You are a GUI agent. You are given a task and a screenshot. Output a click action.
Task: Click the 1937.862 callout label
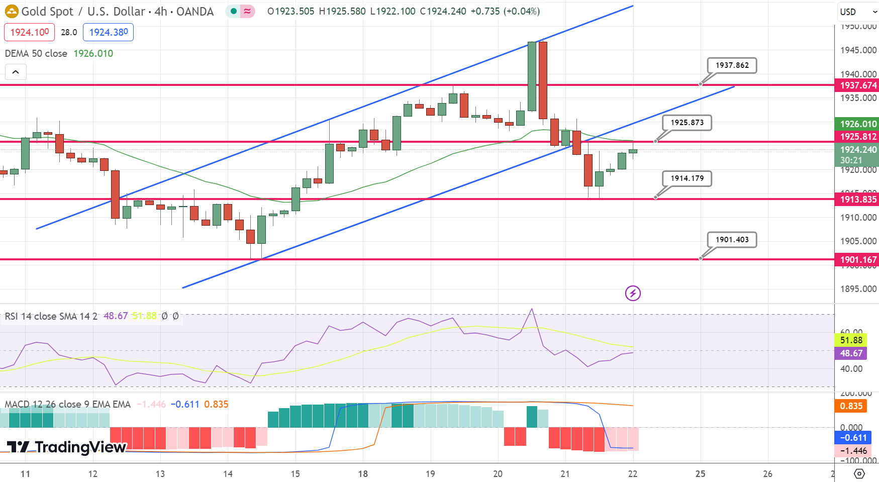coord(732,65)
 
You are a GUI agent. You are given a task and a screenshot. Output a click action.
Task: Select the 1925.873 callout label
coord(687,123)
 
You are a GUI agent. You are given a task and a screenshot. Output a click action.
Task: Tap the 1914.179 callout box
coord(687,178)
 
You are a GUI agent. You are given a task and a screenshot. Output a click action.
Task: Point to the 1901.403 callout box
coord(732,240)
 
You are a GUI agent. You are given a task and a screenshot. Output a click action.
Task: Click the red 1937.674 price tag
coord(858,85)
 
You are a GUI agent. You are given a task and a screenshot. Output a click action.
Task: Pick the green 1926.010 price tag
coord(858,124)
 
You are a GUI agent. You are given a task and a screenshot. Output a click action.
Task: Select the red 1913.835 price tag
coord(858,200)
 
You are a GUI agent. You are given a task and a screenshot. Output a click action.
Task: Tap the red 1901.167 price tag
coord(858,260)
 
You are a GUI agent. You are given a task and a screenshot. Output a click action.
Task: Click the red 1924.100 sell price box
coord(30,32)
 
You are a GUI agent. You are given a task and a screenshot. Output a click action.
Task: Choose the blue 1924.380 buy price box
coord(108,32)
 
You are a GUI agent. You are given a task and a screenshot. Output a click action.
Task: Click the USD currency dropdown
coord(857,12)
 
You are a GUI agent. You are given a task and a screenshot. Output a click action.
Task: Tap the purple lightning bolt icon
coord(633,293)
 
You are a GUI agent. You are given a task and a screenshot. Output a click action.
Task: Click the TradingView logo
coord(66,447)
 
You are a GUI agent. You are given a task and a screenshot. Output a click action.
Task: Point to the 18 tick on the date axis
coord(363,473)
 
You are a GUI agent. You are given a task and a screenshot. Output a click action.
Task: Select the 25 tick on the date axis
coord(700,473)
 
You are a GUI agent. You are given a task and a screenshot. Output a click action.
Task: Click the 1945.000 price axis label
coord(858,50)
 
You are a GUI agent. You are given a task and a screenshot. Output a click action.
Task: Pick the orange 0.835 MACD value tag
coord(851,406)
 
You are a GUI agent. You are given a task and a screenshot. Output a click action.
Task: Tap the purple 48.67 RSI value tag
coord(851,353)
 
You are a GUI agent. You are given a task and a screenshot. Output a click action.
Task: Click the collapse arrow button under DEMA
coord(16,72)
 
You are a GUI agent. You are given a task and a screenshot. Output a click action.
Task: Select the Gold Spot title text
coord(47,12)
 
